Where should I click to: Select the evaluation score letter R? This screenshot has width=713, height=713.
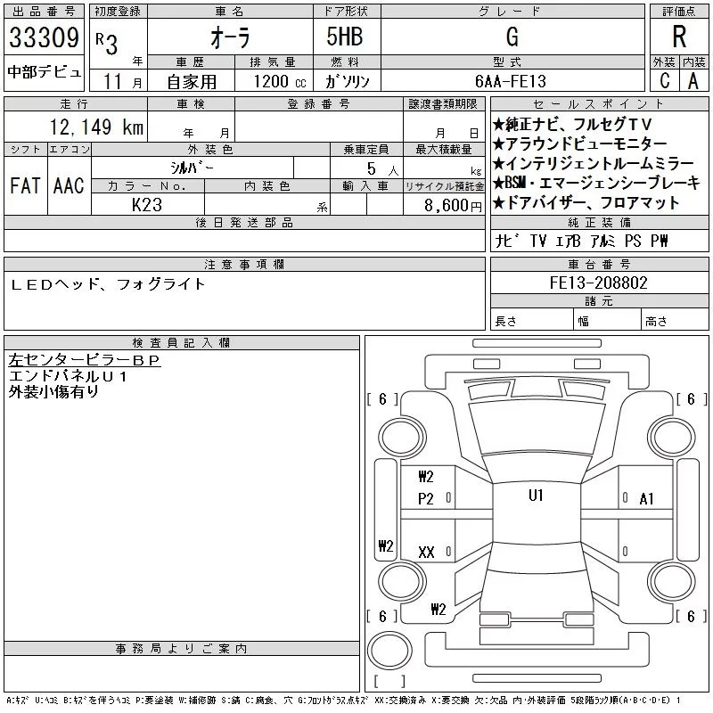(678, 37)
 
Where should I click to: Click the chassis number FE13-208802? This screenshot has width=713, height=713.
(598, 283)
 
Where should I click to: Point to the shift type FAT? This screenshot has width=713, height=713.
(24, 185)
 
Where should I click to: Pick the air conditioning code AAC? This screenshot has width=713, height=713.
(68, 185)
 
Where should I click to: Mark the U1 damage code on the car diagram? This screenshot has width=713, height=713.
(536, 496)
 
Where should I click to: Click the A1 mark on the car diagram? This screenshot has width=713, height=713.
(647, 499)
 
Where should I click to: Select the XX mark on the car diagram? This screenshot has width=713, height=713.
(426, 553)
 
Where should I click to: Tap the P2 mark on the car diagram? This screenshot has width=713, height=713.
(426, 499)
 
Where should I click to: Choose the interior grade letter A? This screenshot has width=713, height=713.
(693, 80)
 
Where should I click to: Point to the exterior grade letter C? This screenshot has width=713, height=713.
(664, 80)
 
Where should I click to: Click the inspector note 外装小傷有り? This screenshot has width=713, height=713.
(53, 390)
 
